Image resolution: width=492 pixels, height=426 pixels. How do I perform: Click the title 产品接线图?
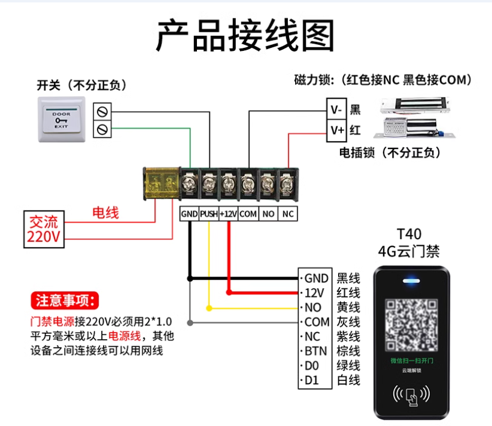245,36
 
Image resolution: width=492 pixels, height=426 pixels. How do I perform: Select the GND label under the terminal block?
189,214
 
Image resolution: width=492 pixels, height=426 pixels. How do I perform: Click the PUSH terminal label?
208,214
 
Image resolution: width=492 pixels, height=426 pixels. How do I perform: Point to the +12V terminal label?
229,214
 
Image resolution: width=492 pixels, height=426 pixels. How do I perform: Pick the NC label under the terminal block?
288,214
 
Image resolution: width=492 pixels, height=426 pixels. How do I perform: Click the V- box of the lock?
336,109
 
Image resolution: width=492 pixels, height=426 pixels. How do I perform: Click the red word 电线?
105,212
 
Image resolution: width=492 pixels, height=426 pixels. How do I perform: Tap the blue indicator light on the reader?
410,279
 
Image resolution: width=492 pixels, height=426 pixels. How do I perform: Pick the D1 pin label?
312,380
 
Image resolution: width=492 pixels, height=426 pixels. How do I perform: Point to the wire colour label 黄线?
348,308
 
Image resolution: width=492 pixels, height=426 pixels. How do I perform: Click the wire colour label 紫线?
348,337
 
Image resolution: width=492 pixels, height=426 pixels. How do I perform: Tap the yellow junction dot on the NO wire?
209,308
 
